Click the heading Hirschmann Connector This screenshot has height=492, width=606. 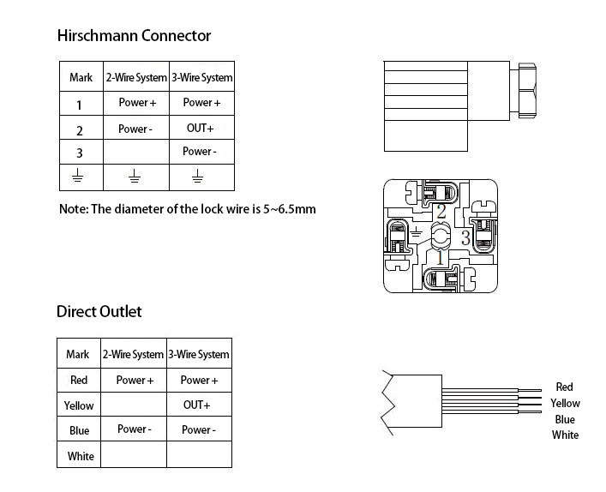click(133, 36)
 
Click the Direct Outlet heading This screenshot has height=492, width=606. click(99, 311)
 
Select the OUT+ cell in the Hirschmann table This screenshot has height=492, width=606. click(200, 128)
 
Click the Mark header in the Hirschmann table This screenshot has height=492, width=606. click(81, 78)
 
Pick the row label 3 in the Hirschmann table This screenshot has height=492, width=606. click(80, 153)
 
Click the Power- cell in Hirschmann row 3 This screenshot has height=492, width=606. click(199, 152)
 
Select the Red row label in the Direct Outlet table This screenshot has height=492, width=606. click(78, 380)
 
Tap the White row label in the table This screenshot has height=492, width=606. click(81, 456)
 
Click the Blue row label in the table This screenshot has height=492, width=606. click(79, 430)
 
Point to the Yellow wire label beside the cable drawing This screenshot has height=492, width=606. click(565, 403)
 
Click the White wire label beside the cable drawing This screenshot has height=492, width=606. click(565, 435)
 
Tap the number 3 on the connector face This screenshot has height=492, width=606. click(465, 237)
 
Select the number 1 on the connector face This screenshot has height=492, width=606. click(440, 256)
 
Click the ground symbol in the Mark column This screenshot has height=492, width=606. click(79, 177)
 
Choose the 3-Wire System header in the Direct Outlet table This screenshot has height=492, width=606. click(199, 354)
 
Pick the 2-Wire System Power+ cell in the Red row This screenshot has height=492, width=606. click(135, 380)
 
